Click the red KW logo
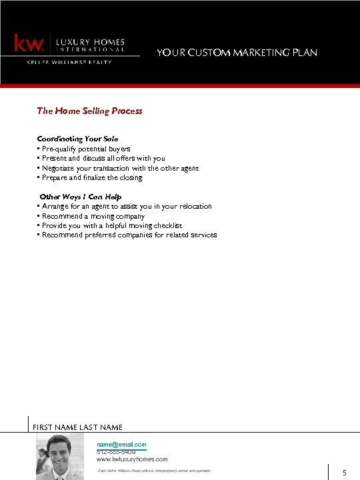tap(30, 44)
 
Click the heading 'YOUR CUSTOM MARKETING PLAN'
tap(237, 52)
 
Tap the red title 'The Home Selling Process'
tap(89, 111)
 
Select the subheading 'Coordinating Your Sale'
tap(77, 139)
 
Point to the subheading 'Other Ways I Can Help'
tap(81, 197)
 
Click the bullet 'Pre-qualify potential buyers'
tap(86, 149)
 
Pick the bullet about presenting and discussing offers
tap(103, 158)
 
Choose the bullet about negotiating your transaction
tap(120, 168)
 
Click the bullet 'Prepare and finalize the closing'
tap(92, 178)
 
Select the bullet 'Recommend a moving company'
tap(93, 216)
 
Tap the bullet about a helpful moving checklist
tap(111, 225)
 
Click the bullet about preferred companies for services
tap(129, 235)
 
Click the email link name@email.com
tap(121, 444)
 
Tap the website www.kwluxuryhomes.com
tap(132, 459)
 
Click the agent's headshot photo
tap(64, 457)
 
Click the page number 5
tap(345, 473)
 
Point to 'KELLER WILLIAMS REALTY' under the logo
tap(69, 62)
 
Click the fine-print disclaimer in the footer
tap(154, 471)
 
